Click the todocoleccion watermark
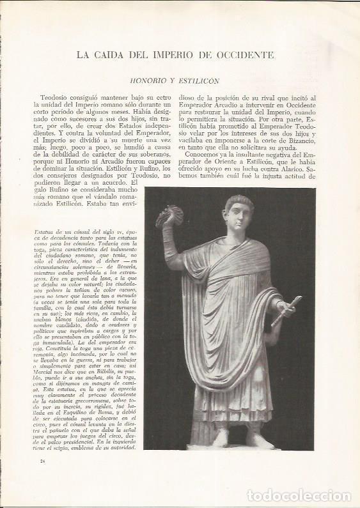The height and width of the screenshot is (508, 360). pos(299,496)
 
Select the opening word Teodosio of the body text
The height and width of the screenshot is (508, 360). pos(52,96)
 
